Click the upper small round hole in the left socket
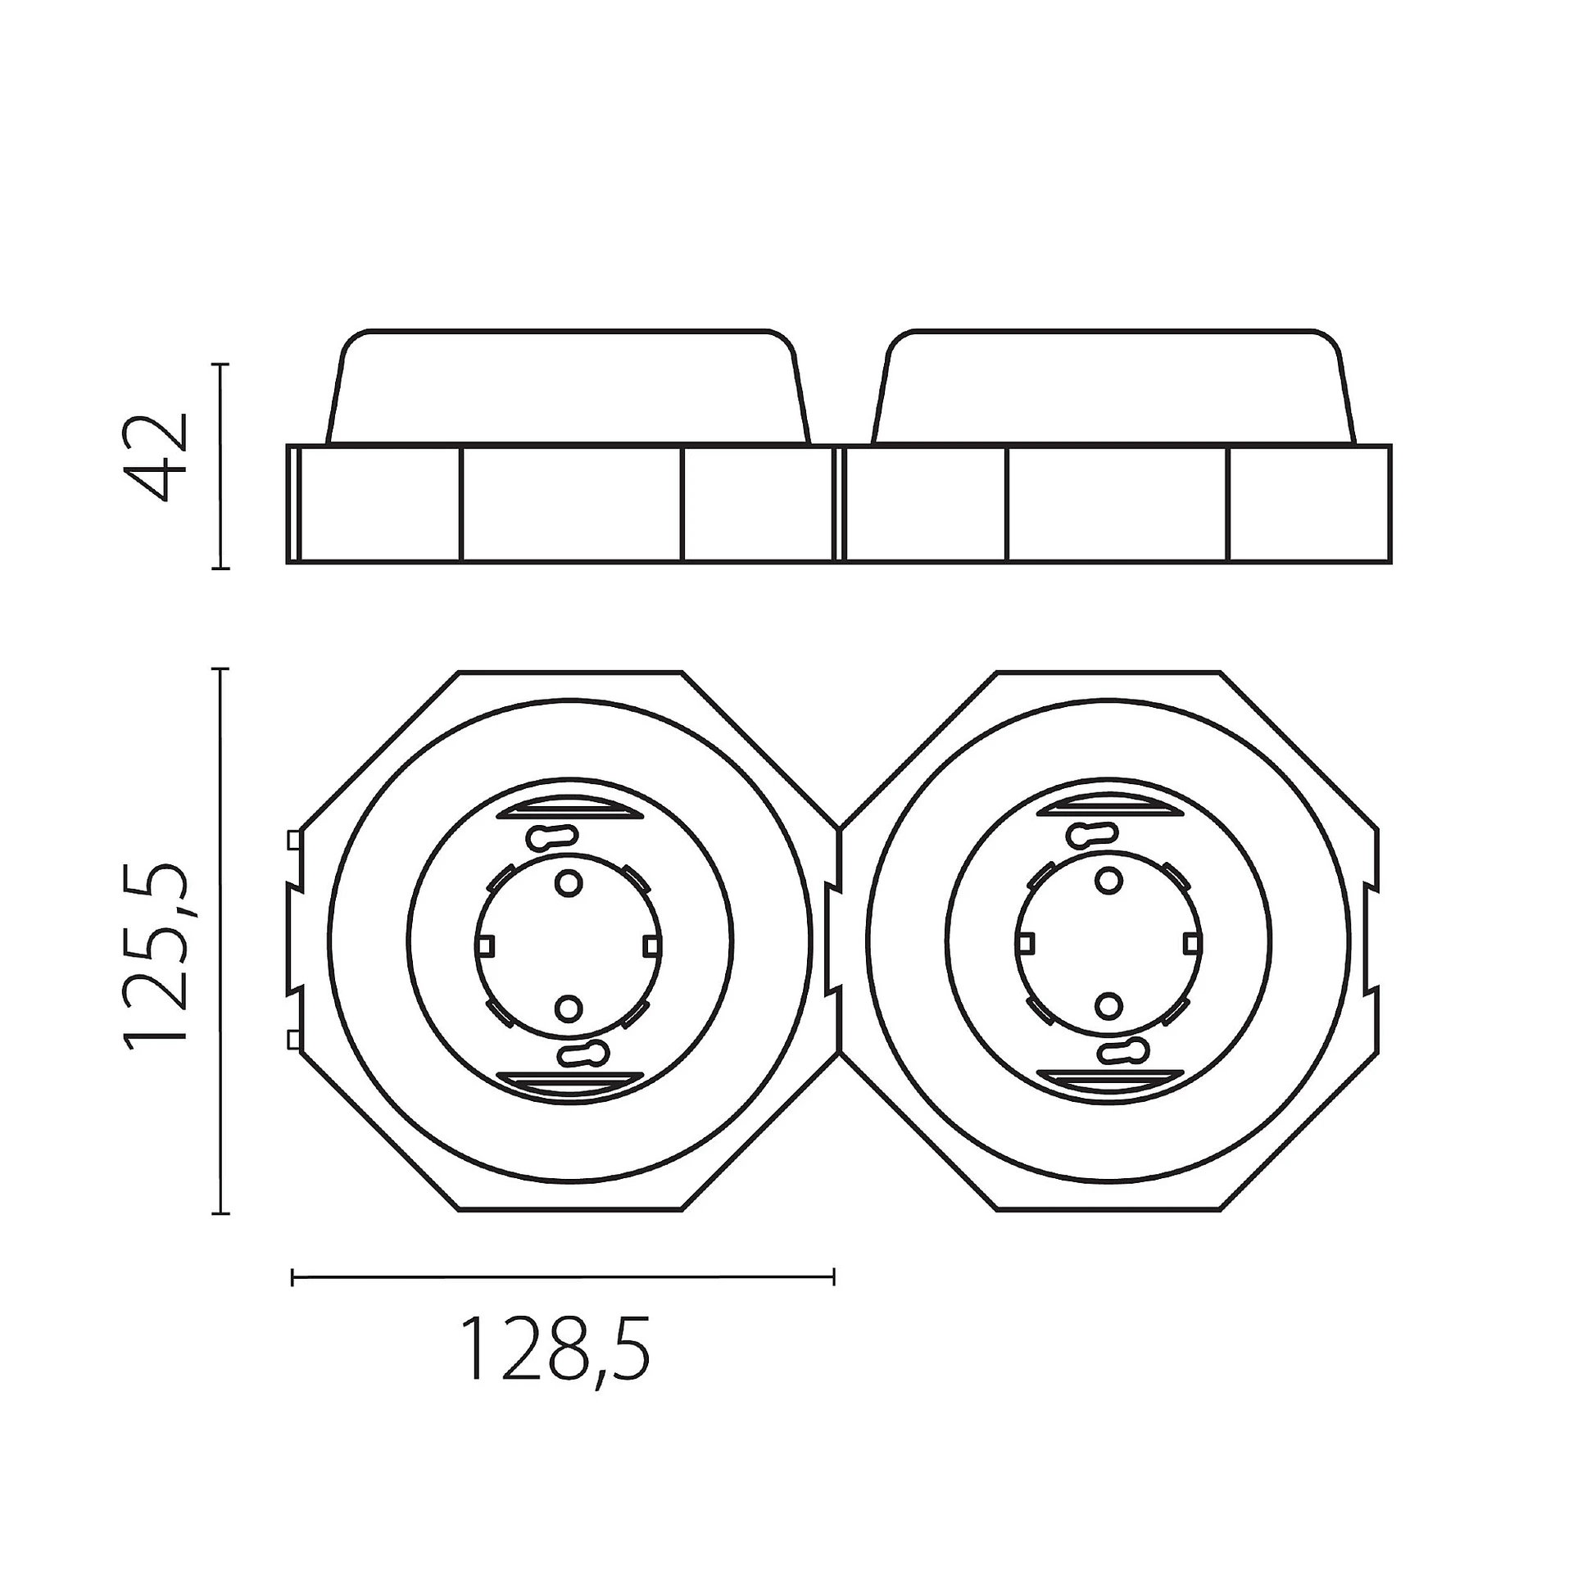pos(569,882)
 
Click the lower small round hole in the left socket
pos(569,1007)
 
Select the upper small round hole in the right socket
pos(1108,881)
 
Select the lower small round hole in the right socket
pos(1108,1005)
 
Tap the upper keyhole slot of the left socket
pos(553,836)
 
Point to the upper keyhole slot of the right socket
pos(1093,835)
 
